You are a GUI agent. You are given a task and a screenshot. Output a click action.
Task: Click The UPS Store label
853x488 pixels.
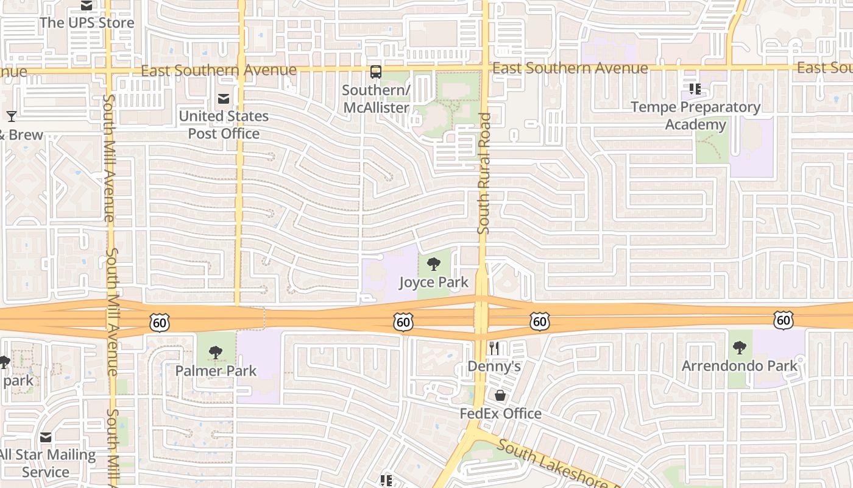87,23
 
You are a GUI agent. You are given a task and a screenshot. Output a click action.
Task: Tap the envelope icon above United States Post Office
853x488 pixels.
224,98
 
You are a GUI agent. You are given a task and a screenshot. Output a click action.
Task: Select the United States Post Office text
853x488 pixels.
224,124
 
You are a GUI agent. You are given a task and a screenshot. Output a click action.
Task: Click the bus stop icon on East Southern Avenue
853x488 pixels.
376,72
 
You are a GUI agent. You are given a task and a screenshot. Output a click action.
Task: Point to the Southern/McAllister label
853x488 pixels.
376,99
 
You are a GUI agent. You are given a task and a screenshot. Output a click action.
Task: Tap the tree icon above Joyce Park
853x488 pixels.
434,264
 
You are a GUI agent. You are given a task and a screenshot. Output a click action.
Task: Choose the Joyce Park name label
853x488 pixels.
434,282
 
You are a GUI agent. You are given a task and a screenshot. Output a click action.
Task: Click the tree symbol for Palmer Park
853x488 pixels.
215,353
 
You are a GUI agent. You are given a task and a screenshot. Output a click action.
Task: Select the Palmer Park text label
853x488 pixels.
216,370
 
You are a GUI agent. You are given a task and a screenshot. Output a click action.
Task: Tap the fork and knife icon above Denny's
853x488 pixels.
494,348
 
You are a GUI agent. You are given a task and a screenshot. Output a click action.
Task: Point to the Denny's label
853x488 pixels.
494,366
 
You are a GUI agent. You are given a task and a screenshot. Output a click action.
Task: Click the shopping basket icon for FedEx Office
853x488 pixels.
500,395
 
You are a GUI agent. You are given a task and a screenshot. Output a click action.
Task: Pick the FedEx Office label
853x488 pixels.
500,414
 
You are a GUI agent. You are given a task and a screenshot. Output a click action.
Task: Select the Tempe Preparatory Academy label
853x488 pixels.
695,116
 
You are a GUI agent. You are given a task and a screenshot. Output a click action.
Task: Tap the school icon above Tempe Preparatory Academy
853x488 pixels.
695,89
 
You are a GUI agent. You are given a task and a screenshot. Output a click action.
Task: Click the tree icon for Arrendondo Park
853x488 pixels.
740,348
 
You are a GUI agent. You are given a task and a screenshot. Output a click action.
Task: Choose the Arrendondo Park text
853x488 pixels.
740,365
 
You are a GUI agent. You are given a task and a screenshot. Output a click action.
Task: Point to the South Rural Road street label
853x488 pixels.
484,174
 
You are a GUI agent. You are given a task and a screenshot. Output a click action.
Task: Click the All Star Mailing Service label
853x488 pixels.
47,463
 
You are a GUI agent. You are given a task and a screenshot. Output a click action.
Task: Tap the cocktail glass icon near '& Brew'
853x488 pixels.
12,116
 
